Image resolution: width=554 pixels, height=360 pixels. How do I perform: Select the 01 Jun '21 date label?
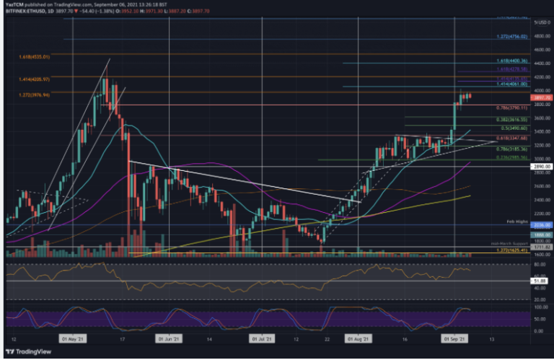point(167,337)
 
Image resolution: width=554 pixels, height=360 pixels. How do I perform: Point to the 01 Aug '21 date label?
point(359,337)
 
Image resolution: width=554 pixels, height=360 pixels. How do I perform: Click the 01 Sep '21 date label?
point(454,337)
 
